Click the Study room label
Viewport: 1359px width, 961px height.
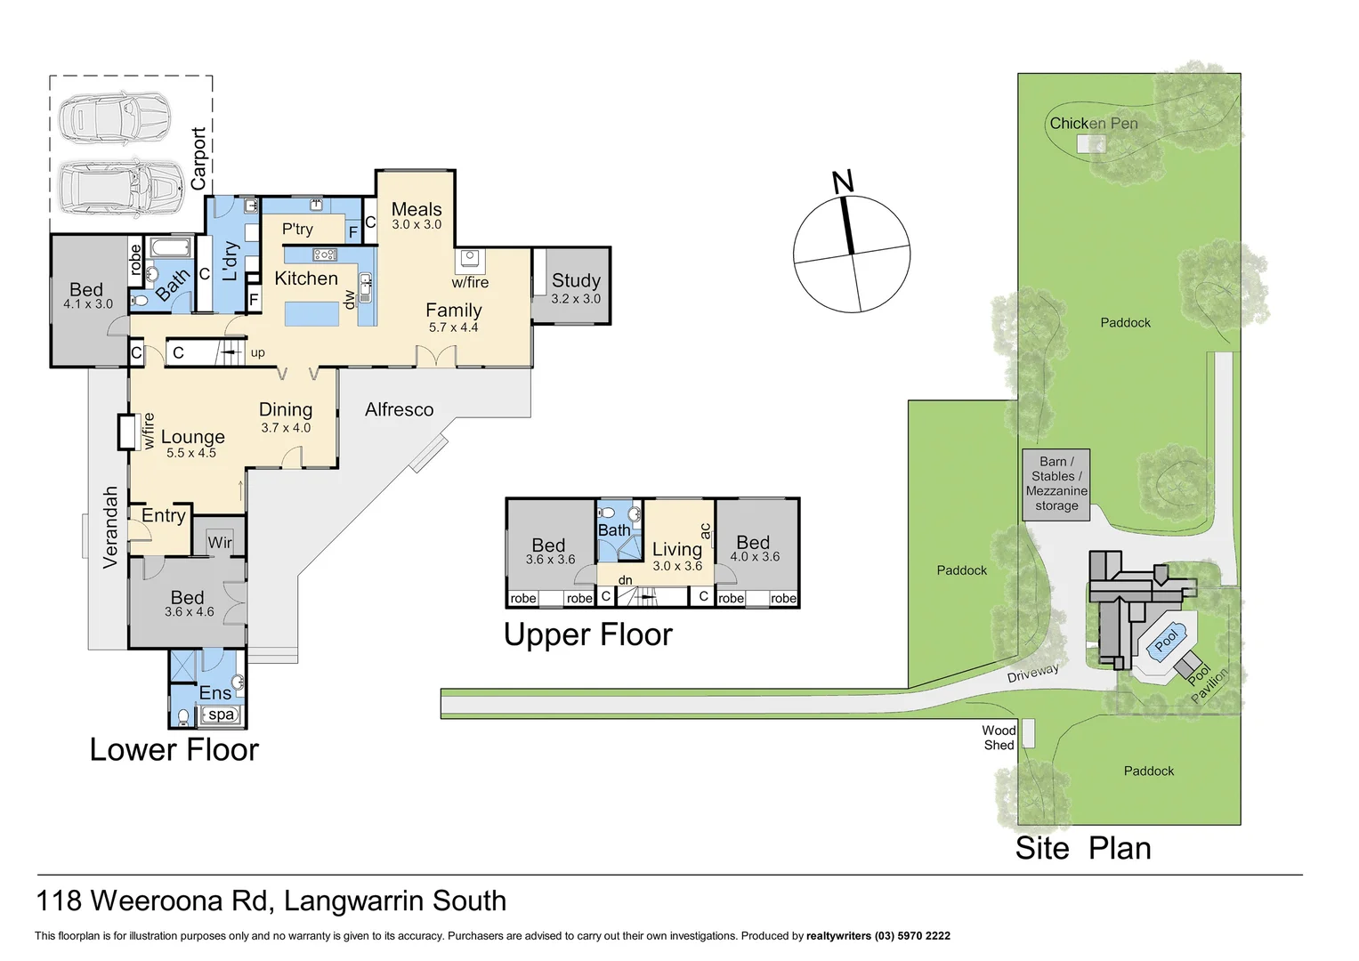coord(576,281)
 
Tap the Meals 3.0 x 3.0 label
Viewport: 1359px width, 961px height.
coord(417,215)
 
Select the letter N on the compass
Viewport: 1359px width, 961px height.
coord(842,182)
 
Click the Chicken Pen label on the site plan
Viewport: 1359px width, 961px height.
coord(1093,124)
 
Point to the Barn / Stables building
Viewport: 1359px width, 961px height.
coord(1056,484)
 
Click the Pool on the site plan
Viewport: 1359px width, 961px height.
coord(1166,639)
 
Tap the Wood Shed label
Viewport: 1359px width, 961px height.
coord(999,738)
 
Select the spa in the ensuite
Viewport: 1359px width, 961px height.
coord(221,715)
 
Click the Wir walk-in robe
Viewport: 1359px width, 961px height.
coord(219,542)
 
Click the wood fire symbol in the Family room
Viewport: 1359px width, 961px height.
coord(470,260)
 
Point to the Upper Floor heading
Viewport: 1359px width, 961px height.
coord(587,634)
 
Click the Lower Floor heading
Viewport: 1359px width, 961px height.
coord(174,749)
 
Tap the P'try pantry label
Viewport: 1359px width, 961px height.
coord(297,230)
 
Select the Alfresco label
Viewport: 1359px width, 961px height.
coord(399,409)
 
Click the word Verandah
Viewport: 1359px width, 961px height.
coord(110,527)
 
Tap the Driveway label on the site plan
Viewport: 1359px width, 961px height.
coord(1032,674)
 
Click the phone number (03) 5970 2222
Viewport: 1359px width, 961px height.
coord(912,936)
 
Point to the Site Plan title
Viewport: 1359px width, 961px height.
coord(1082,848)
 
